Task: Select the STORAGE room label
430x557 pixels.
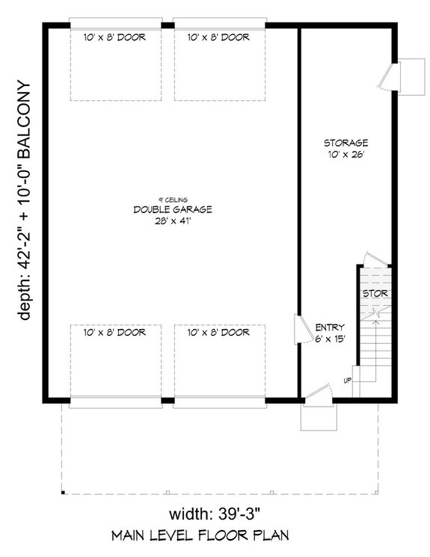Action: click(x=345, y=142)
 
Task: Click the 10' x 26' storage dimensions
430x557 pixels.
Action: click(x=345, y=155)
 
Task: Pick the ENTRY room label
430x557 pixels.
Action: click(x=330, y=327)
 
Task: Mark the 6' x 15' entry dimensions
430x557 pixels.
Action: click(x=330, y=339)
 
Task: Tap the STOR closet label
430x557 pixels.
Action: click(x=375, y=294)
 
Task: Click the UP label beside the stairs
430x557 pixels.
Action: click(x=347, y=380)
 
